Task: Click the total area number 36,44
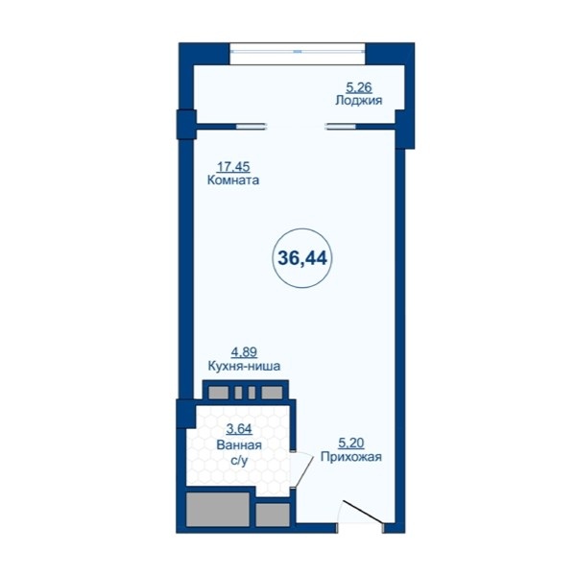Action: [x=302, y=258]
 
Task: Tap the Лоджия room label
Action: [x=358, y=100]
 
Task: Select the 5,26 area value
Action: [x=359, y=87]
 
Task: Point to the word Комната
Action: [x=233, y=180]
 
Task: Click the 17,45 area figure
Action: [x=233, y=167]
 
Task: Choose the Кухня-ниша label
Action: [x=244, y=366]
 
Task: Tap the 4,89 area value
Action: [x=244, y=352]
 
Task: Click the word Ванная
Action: [x=239, y=445]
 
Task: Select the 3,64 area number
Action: [x=239, y=429]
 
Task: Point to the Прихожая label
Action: [x=351, y=457]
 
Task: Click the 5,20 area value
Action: [x=351, y=444]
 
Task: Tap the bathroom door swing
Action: [x=303, y=471]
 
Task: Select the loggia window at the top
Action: [x=298, y=52]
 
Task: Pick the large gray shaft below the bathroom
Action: [x=218, y=509]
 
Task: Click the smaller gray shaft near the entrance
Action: [x=273, y=515]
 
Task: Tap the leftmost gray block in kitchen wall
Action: [x=218, y=393]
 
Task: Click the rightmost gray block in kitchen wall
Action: [x=272, y=393]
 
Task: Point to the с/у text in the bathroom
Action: [x=239, y=461]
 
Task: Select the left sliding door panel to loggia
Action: [x=251, y=127]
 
